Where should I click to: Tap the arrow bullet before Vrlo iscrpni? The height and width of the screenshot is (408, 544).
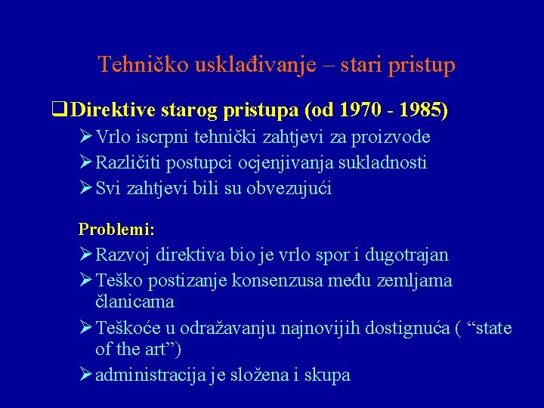tap(85, 137)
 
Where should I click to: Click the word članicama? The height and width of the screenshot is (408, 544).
tap(135, 301)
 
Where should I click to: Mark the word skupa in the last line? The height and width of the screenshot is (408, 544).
tap(327, 375)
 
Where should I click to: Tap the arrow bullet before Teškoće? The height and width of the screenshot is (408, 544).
tap(85, 328)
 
